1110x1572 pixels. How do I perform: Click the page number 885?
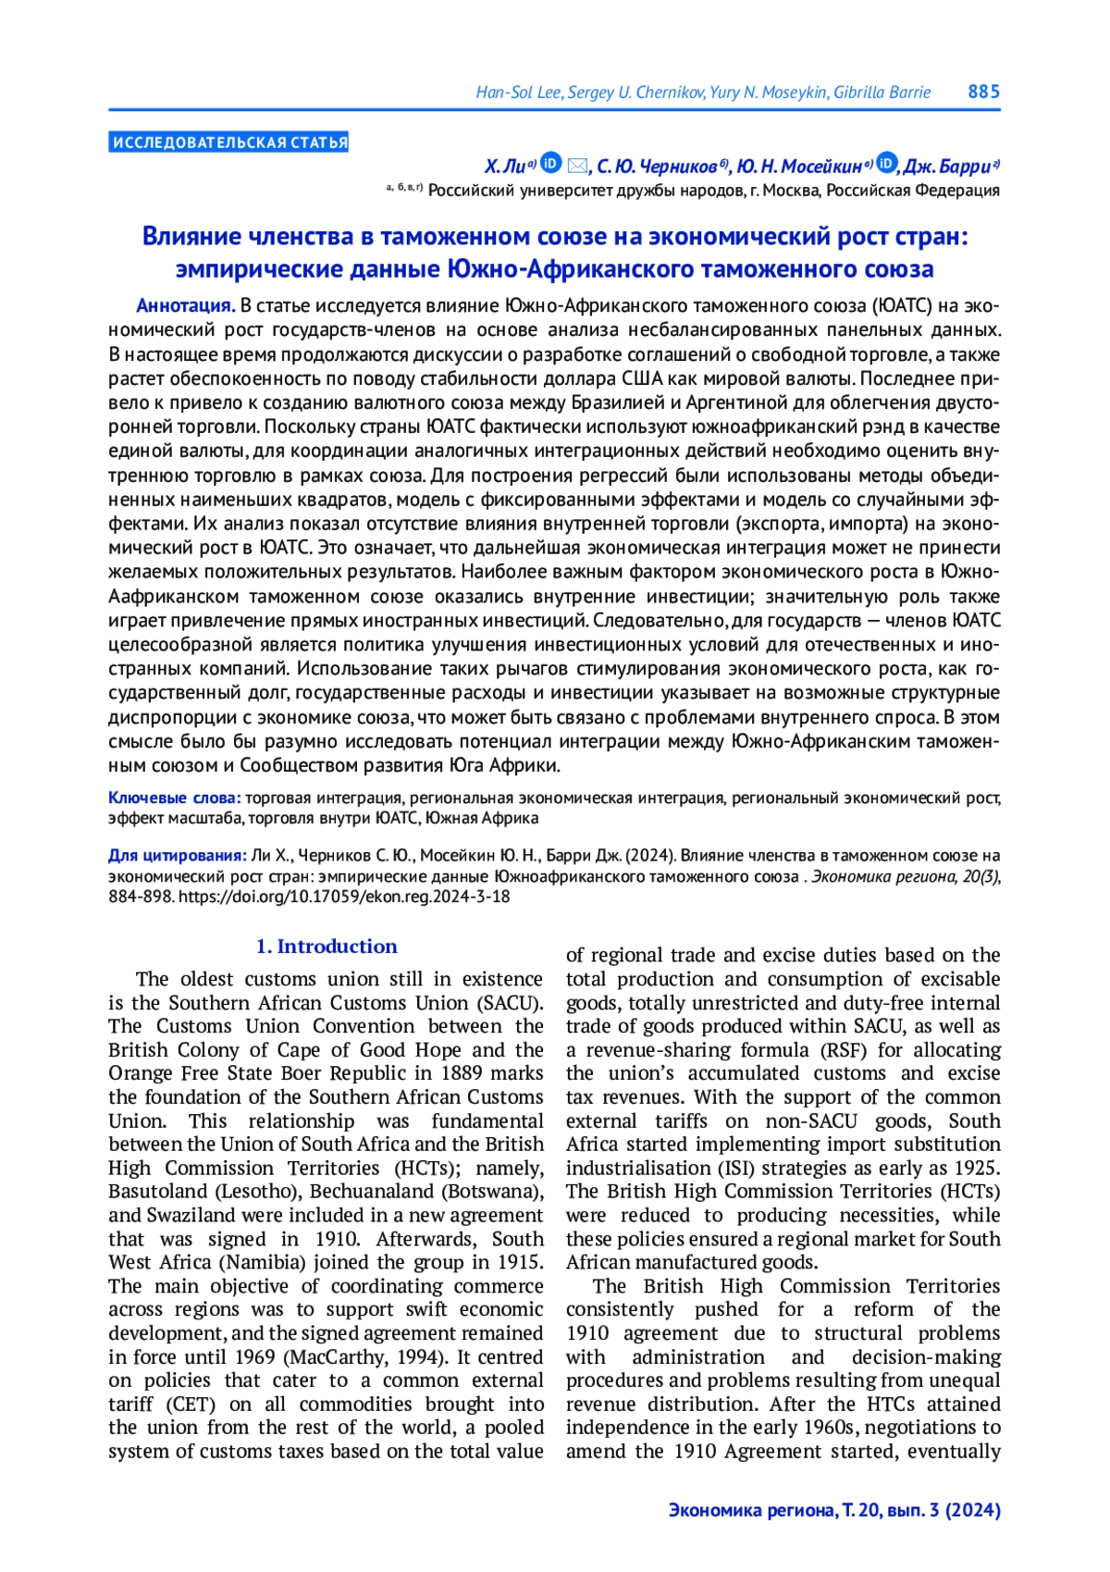[983, 92]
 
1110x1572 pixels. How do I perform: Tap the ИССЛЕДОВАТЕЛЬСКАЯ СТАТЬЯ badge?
[228, 142]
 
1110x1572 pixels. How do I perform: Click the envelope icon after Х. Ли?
[577, 166]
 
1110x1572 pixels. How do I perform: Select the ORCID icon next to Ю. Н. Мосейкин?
[886, 164]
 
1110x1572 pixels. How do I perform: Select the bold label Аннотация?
[185, 306]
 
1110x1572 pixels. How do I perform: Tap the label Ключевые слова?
[175, 798]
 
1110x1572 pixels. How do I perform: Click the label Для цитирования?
[178, 855]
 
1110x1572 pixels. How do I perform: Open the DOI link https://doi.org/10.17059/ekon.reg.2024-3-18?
[344, 897]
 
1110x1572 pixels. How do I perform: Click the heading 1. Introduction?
[327, 947]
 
